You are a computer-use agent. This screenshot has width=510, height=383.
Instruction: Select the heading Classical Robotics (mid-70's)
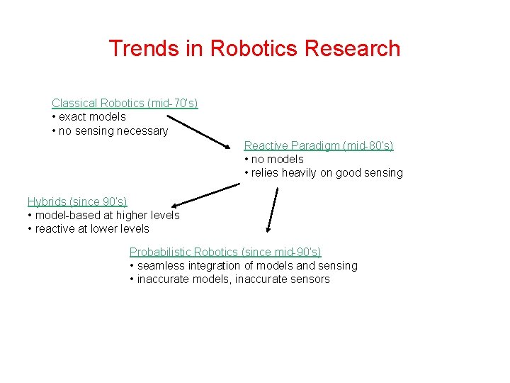click(125, 104)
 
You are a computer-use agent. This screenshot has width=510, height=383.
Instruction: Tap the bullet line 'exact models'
click(91, 117)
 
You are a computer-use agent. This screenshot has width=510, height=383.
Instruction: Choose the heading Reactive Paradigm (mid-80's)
click(319, 145)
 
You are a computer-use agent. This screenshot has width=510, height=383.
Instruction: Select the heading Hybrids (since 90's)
click(77, 201)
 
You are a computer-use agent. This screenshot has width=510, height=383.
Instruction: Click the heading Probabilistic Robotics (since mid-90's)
click(225, 252)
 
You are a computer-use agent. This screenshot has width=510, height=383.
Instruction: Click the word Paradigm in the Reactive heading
click(312, 145)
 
